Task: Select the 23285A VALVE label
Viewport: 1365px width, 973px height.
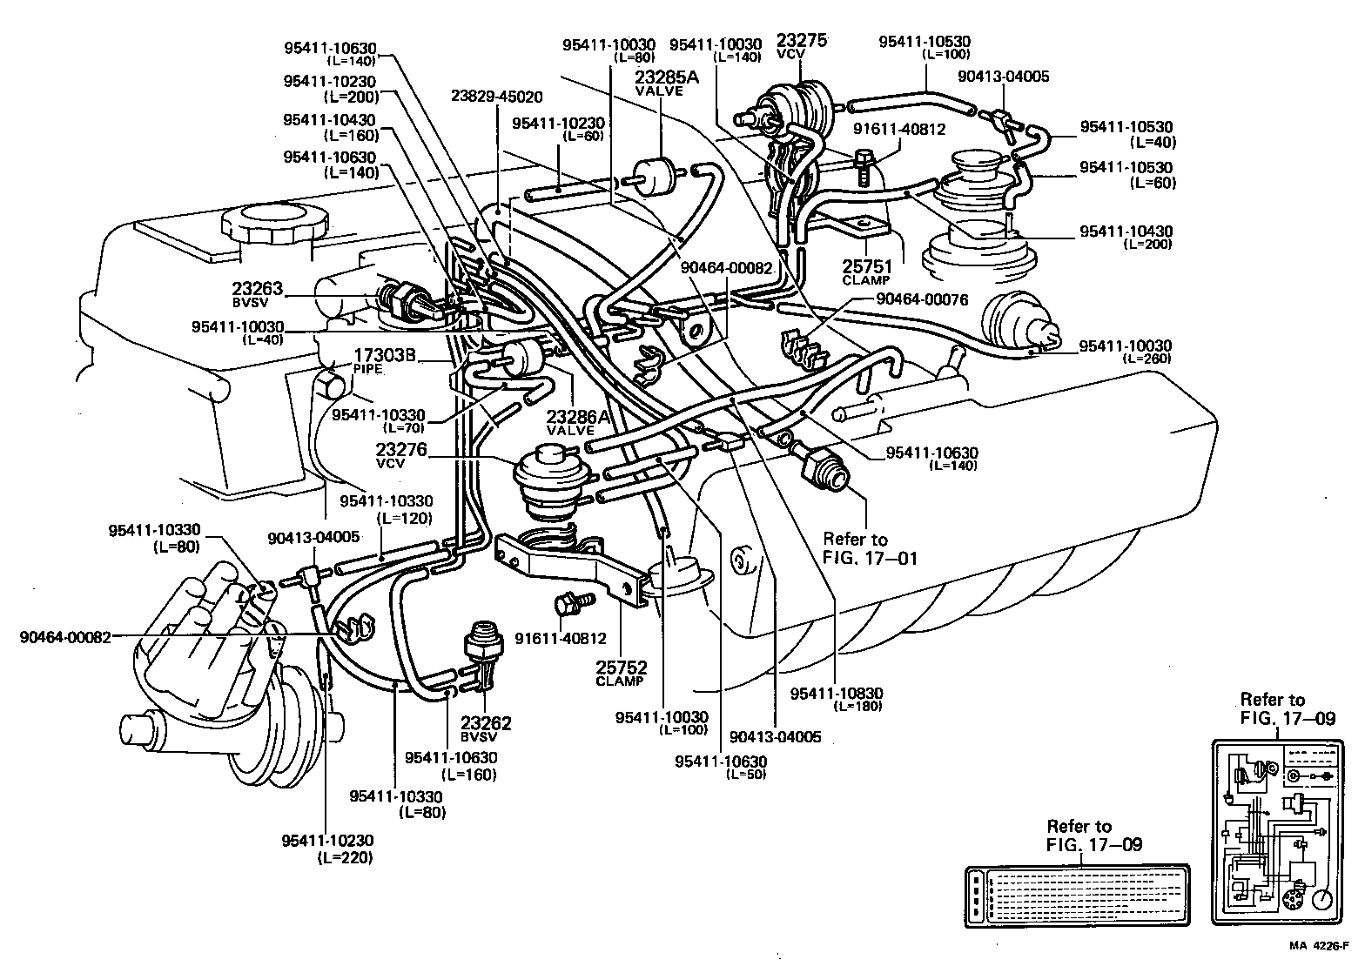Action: [x=667, y=82]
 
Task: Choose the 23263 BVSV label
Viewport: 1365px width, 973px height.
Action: [x=257, y=294]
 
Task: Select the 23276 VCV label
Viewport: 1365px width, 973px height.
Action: [x=401, y=456]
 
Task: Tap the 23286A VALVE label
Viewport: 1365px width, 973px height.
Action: [x=571, y=422]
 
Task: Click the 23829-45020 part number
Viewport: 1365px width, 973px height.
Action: [x=496, y=97]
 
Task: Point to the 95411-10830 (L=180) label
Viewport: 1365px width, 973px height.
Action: [x=837, y=699]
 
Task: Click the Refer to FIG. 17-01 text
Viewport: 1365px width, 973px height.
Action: [x=870, y=548]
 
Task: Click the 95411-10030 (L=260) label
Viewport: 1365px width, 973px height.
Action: [x=1126, y=351]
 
